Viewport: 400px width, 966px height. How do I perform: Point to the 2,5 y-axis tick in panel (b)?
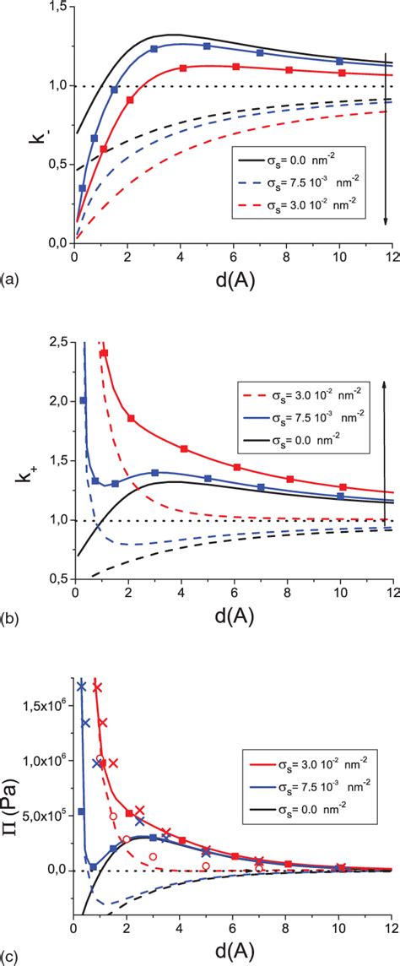pyautogui.click(x=55, y=340)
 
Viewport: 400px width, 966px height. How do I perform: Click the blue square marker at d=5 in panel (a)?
pyautogui.click(x=207, y=46)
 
